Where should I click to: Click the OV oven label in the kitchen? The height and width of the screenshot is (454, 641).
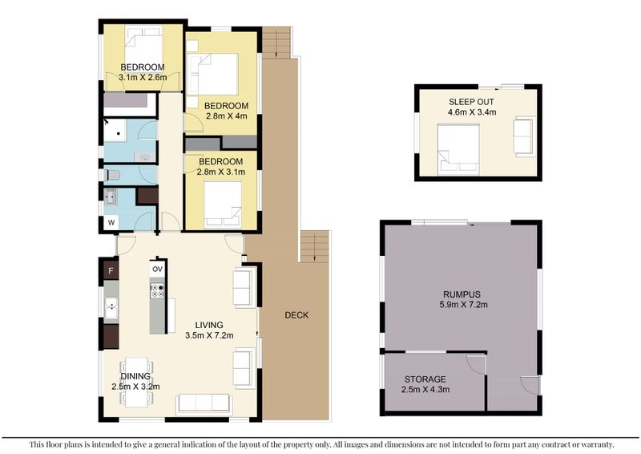coord(157,269)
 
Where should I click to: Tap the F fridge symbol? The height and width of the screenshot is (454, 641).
coord(111,270)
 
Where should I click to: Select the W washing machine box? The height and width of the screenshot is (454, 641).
coord(111,223)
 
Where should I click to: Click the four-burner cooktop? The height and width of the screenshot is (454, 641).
coord(157,290)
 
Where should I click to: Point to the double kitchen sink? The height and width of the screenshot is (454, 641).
coord(111,308)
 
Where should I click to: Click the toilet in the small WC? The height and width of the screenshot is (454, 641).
coord(112,175)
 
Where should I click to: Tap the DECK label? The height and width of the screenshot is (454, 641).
coord(296,314)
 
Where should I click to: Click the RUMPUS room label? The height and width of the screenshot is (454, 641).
coord(462,294)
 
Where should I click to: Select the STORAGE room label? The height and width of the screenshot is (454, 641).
coord(425,379)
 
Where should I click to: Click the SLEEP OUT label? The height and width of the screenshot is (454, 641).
coord(471,102)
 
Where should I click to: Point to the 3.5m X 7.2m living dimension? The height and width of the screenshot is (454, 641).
coord(209,336)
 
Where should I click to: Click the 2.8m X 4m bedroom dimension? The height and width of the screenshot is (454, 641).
coord(227,116)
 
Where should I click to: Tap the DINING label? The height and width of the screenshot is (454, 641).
coord(135,376)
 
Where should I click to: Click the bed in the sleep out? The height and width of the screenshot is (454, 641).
coord(458,149)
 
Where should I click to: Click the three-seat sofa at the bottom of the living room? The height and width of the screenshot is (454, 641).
coord(204,403)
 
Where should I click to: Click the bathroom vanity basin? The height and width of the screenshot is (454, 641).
coord(145,156)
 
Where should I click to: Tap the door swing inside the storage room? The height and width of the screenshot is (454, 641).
coord(475,364)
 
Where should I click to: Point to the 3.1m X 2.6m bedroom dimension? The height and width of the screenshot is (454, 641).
coord(143,77)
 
